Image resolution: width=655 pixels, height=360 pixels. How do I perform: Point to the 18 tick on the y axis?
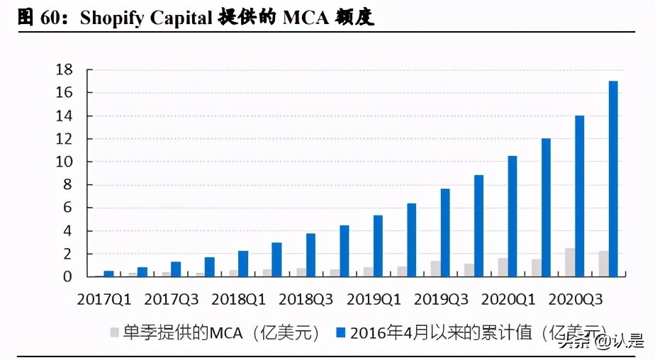[x=65, y=69]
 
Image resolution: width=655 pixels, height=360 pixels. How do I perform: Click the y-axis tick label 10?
[x=65, y=162]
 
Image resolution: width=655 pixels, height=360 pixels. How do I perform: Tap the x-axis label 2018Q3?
[x=306, y=299]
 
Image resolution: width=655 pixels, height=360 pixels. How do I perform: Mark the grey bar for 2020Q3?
[x=569, y=262]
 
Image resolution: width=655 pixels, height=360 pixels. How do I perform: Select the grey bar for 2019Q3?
[x=435, y=269]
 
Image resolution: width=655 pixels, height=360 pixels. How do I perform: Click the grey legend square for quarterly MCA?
[x=114, y=332]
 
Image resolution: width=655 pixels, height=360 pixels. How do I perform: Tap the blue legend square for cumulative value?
[x=340, y=332]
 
